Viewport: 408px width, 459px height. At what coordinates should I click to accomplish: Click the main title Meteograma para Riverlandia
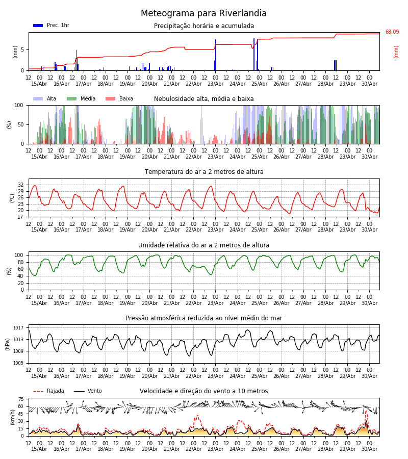[x=203, y=13]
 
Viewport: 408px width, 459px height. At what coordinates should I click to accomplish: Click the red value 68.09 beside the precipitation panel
[x=392, y=32]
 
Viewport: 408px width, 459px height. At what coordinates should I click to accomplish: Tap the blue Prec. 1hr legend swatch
[x=38, y=25]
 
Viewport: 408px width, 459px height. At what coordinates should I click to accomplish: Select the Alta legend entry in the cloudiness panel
[x=45, y=98]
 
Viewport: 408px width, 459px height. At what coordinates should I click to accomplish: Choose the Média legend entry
[x=81, y=98]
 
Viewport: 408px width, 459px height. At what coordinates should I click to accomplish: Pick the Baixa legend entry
[x=119, y=98]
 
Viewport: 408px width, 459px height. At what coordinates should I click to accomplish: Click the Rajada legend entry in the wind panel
[x=48, y=391]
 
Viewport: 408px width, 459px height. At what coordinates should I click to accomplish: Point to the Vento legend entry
[x=88, y=391]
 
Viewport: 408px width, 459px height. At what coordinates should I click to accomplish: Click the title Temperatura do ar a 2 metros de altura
[x=204, y=172]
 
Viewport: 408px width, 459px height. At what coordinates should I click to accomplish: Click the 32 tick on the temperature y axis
[x=21, y=185]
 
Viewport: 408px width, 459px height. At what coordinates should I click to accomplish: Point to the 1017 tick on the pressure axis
[x=18, y=328]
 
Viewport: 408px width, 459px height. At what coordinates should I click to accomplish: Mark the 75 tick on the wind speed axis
[x=21, y=399]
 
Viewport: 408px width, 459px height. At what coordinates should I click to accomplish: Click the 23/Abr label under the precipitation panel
[x=215, y=84]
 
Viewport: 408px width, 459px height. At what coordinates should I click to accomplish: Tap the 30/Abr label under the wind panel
[x=369, y=449]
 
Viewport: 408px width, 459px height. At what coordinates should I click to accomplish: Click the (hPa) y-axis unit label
[x=8, y=344]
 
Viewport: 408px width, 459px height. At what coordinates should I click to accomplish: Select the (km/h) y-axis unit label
[x=12, y=417]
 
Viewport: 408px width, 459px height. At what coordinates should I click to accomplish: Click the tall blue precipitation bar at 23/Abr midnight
[x=215, y=55]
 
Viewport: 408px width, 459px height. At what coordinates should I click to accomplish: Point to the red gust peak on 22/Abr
[x=197, y=415]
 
